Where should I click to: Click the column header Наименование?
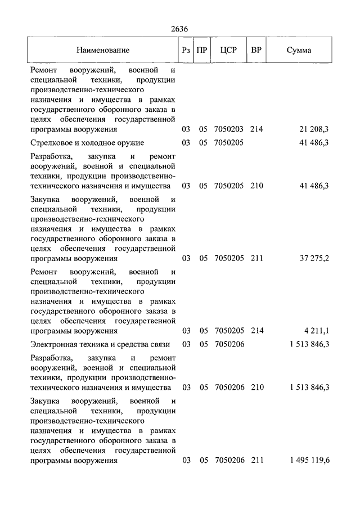[x=103, y=50]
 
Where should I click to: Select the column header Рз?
[x=186, y=50]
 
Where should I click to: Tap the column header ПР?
[x=203, y=50]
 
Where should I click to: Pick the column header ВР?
[x=256, y=50]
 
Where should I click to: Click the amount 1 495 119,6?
[x=310, y=461]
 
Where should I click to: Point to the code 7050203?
[x=229, y=129]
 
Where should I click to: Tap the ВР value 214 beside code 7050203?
[x=256, y=129]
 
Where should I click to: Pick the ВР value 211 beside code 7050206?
[x=256, y=461]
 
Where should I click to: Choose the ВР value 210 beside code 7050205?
[x=256, y=186]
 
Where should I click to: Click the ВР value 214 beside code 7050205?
[x=256, y=331]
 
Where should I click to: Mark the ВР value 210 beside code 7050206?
[x=256, y=388]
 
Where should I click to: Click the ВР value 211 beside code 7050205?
[x=256, y=259]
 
